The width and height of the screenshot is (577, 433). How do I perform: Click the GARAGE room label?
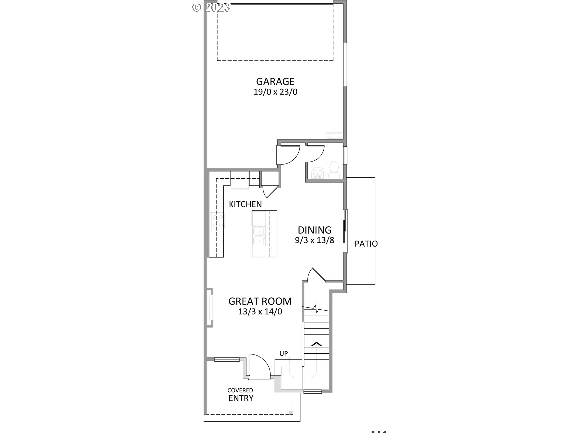point(275,81)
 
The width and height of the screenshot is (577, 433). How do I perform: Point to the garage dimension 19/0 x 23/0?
point(275,92)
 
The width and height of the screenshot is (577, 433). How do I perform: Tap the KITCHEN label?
point(245,204)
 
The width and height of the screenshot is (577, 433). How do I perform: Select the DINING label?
point(314,230)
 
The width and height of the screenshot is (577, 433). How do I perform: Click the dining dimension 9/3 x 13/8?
point(314,240)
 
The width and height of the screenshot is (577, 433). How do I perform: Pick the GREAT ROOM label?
point(260,301)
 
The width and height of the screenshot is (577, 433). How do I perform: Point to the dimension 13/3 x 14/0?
point(260,312)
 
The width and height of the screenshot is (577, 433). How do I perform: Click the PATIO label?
point(366,244)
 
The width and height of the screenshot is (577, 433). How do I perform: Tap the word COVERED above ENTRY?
point(240,390)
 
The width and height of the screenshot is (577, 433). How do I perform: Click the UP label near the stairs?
point(284,354)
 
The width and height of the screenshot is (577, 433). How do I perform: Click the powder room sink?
point(317,173)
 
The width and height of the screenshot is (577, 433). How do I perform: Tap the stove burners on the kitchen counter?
point(218,221)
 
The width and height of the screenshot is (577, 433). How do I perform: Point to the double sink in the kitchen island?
point(259,236)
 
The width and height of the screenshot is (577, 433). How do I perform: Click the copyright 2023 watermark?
point(211,7)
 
